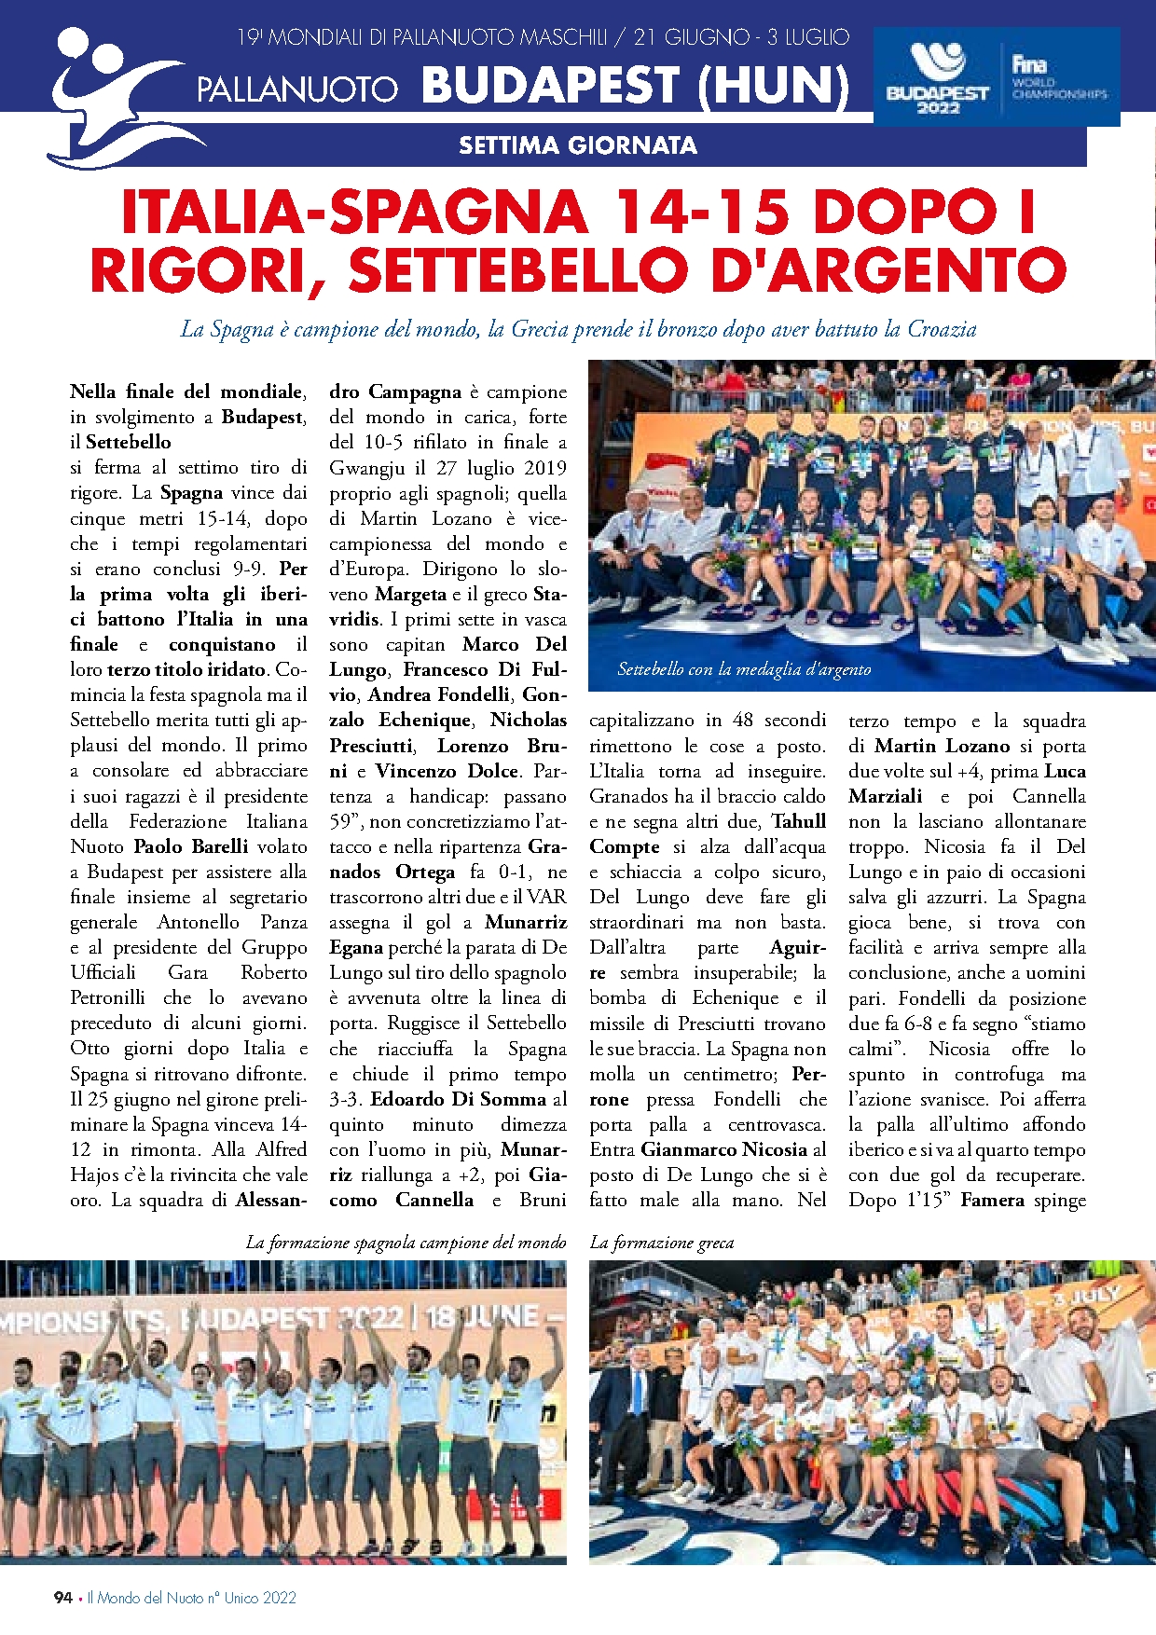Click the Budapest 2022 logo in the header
[x=936, y=79]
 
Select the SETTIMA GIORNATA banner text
[x=577, y=145]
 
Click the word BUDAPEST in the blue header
[x=550, y=86]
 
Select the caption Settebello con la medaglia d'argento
[x=744, y=669]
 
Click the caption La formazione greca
[x=662, y=1243]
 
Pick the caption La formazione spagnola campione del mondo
[x=406, y=1243]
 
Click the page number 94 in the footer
[x=62, y=1597]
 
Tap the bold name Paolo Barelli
[x=191, y=846]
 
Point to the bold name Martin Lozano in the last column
[x=942, y=746]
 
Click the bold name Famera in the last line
[x=992, y=1200]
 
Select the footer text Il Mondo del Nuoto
[x=144, y=1597]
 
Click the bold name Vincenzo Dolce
[x=447, y=771]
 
